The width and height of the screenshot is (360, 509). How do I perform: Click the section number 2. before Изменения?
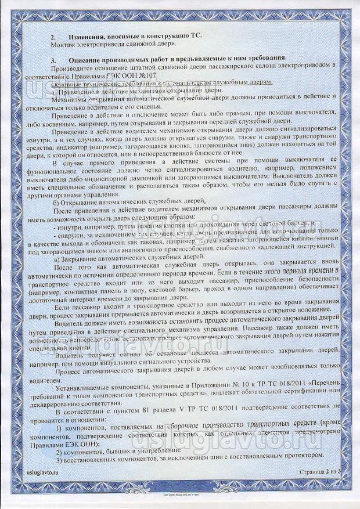click(53, 36)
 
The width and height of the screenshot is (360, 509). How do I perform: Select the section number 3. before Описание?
click(53, 59)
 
